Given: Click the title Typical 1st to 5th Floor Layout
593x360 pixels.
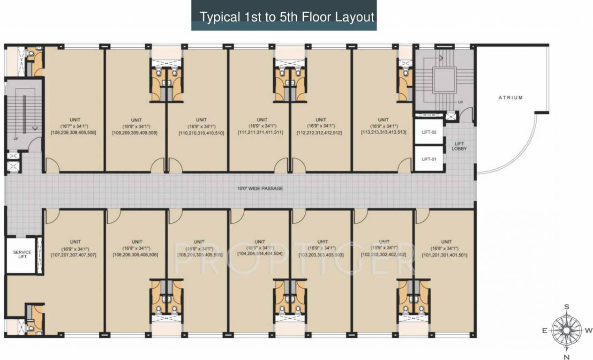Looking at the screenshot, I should pyautogui.click(x=287, y=17).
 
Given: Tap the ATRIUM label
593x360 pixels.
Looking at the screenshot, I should pyautogui.click(x=510, y=97).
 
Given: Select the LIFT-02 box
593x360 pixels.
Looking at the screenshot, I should pyautogui.click(x=429, y=133).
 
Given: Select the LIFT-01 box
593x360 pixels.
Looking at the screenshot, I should pyautogui.click(x=429, y=159).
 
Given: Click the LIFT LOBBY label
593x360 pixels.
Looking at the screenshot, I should pyautogui.click(x=459, y=146).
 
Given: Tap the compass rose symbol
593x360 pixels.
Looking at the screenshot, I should pyautogui.click(x=566, y=330).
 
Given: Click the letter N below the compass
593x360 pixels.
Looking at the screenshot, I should pyautogui.click(x=566, y=357).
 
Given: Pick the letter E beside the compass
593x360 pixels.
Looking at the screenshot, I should pyautogui.click(x=545, y=330).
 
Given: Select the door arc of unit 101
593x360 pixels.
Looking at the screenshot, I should pyautogui.click(x=422, y=216).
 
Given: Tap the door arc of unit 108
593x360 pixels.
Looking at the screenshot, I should pyautogui.click(x=52, y=165).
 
